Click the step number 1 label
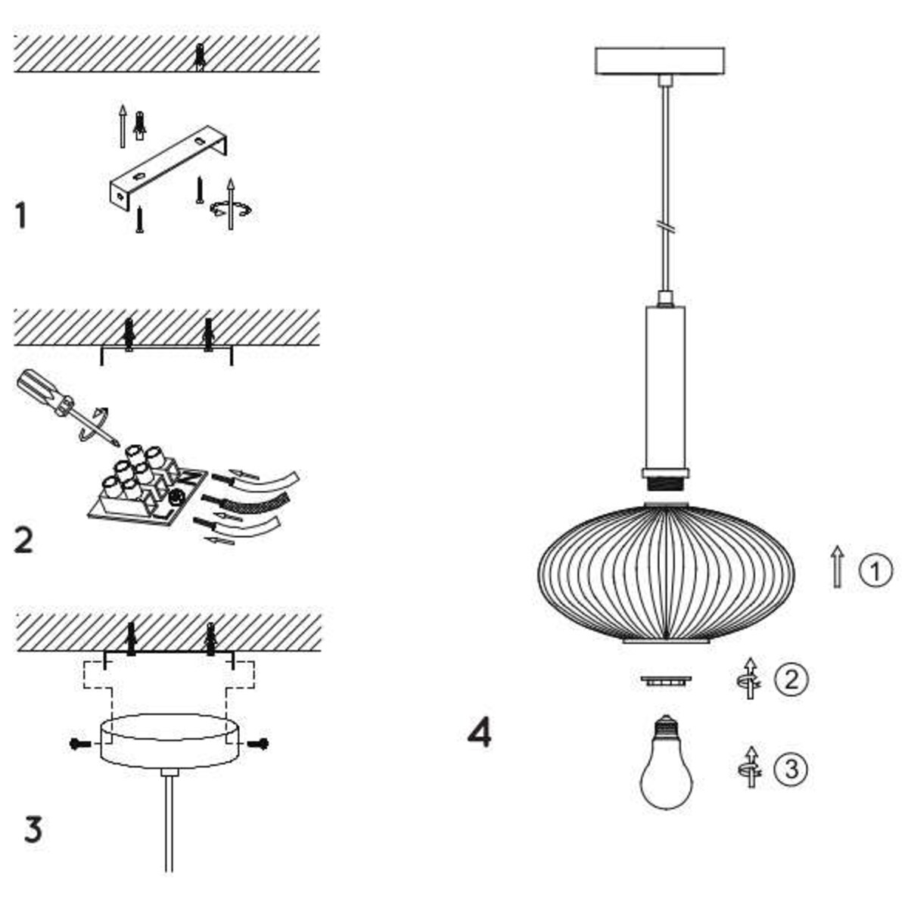click(x=21, y=216)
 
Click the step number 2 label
click(x=23, y=540)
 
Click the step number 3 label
click(x=33, y=830)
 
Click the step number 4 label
click(x=479, y=732)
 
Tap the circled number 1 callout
click(x=876, y=571)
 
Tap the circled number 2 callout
click(x=791, y=679)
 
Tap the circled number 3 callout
click(x=791, y=770)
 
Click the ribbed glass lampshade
click(x=666, y=571)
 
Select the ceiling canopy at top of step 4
click(x=660, y=61)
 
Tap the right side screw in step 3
click(x=260, y=744)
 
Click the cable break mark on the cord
click(x=665, y=226)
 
